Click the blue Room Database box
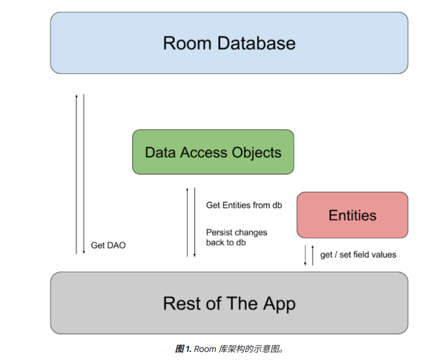pyautogui.click(x=229, y=43)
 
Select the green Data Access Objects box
pyautogui.click(x=213, y=152)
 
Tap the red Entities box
pyautogui.click(x=352, y=215)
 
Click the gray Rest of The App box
pyautogui.click(x=229, y=303)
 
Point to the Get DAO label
pyautogui.click(x=108, y=245)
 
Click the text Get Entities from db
pyautogui.click(x=244, y=205)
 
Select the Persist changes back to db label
pyautogui.click(x=236, y=238)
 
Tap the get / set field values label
pyautogui.click(x=358, y=255)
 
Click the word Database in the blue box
pyautogui.click(x=256, y=43)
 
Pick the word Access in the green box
pyautogui.click(x=203, y=152)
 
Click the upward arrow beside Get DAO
pyautogui.click(x=76, y=174)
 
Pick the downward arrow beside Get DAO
pyautogui.click(x=84, y=174)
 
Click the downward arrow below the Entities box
pyautogui.click(x=305, y=255)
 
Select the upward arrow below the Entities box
pyautogui.click(x=312, y=255)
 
